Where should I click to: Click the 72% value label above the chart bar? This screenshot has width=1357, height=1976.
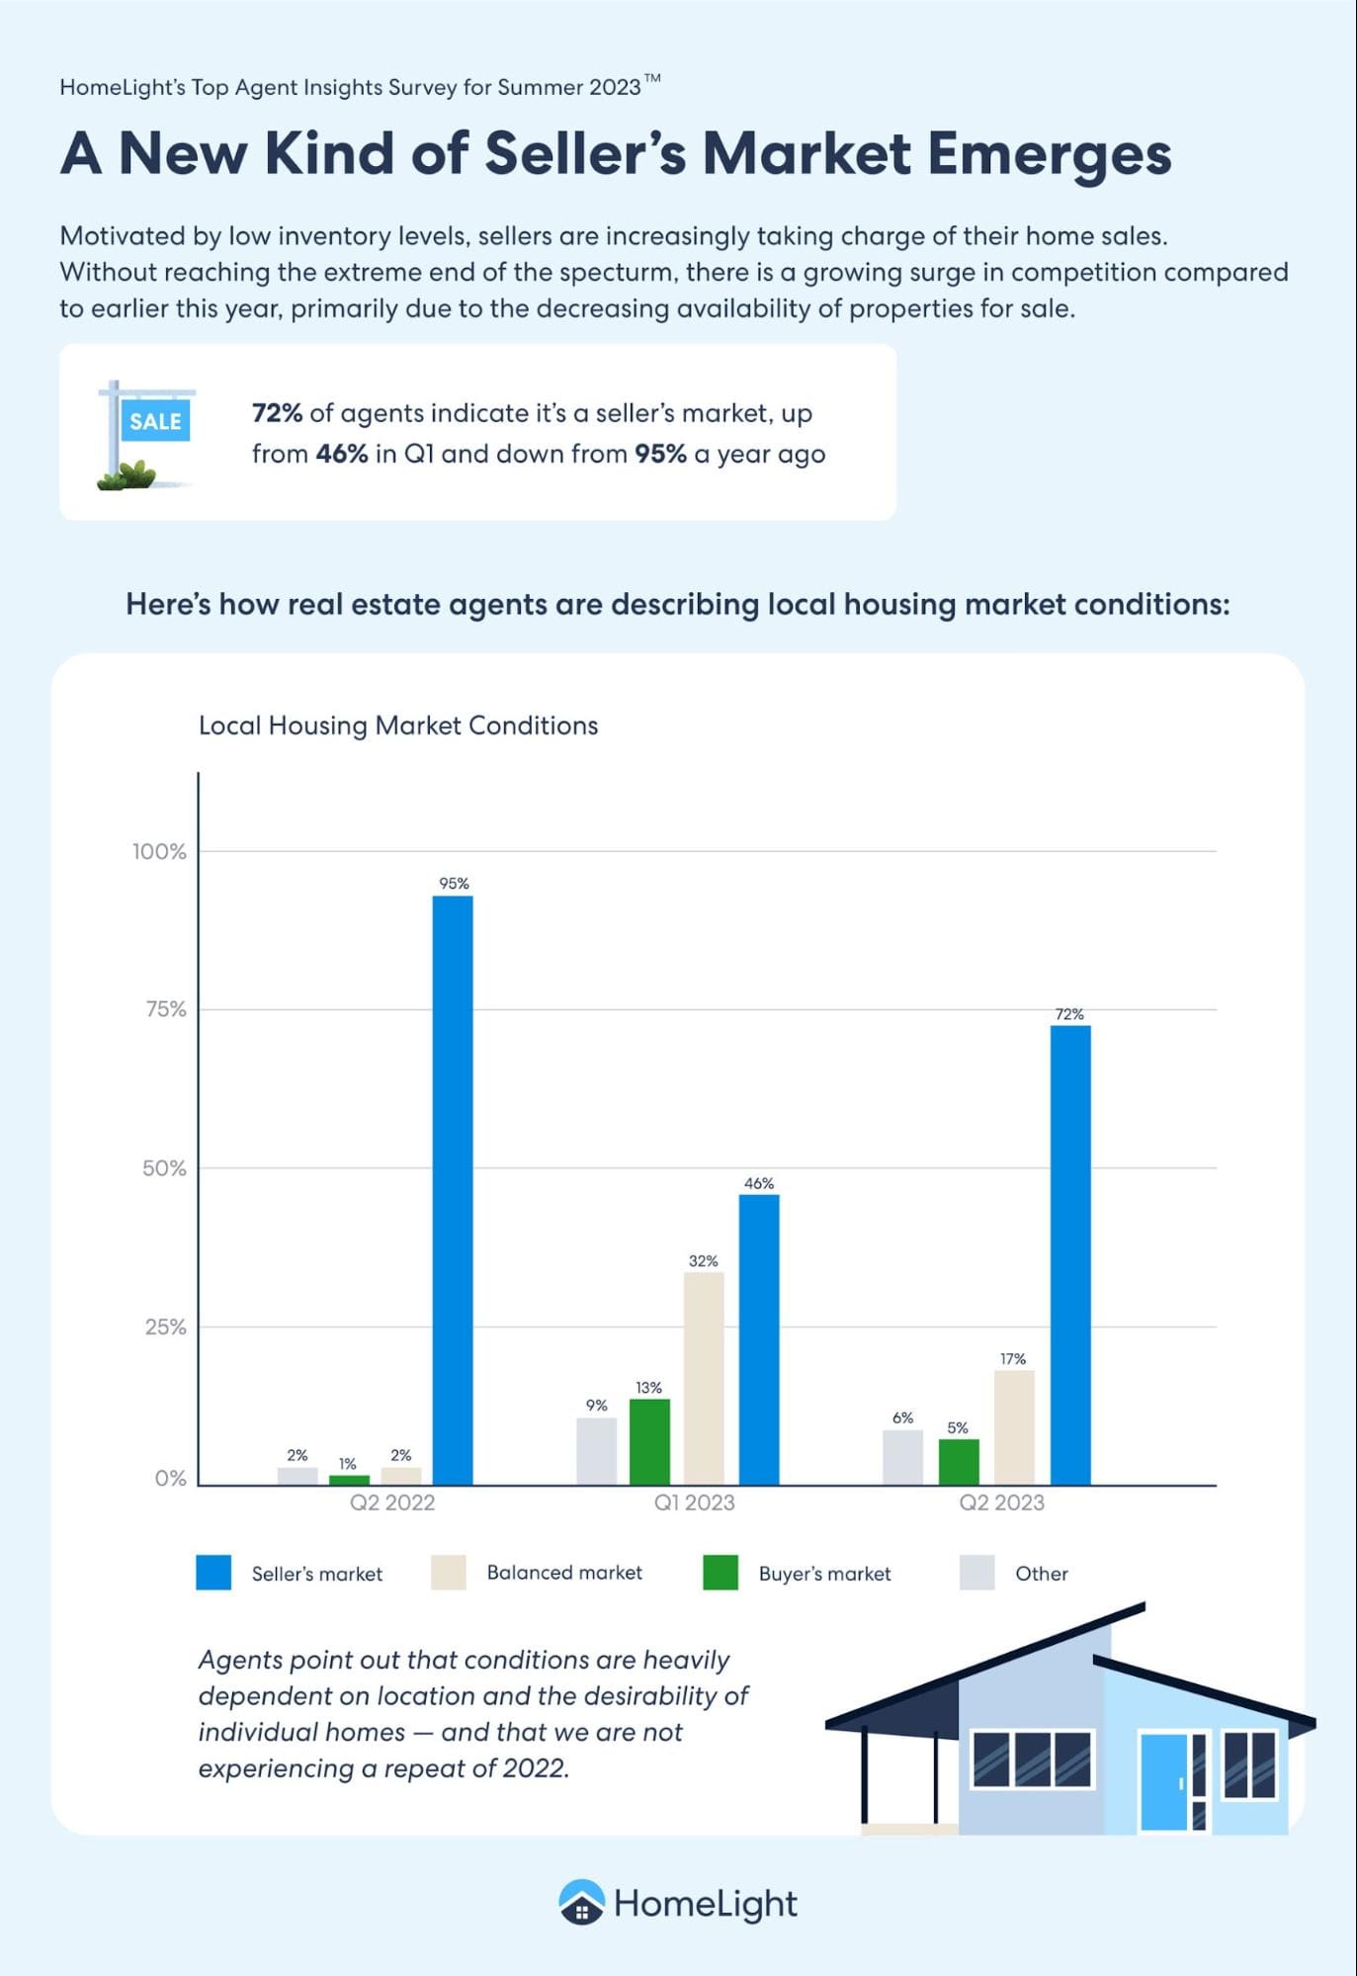click(x=1069, y=1014)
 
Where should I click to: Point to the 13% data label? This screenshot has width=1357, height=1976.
click(x=648, y=1388)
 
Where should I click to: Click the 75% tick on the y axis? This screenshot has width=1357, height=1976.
click(x=165, y=1009)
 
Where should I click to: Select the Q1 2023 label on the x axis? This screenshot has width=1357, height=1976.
click(x=694, y=1503)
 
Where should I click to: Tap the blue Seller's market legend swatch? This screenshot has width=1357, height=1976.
click(x=213, y=1573)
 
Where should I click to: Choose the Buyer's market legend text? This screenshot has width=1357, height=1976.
click(x=824, y=1574)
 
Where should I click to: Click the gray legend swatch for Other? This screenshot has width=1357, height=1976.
click(x=976, y=1573)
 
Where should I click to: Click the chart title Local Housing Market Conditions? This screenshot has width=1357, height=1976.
click(x=398, y=726)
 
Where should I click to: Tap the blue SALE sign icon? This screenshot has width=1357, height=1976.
click(x=154, y=421)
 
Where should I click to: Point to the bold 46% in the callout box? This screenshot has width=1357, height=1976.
click(x=342, y=454)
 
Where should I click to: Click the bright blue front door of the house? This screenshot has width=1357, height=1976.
click(x=1163, y=1780)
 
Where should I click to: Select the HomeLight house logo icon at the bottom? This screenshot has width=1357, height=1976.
click(x=581, y=1903)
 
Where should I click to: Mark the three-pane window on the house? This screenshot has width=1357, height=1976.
click(x=1032, y=1760)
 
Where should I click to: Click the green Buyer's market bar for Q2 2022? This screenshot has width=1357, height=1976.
click(x=349, y=1479)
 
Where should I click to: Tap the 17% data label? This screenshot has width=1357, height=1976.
click(x=1013, y=1359)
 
